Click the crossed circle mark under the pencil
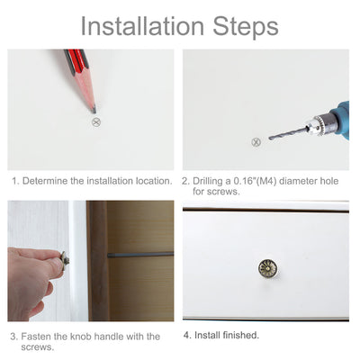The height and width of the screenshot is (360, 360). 94,121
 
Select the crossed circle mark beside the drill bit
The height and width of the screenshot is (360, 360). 256,142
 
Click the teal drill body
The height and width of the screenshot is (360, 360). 339,117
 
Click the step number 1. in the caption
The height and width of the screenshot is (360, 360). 15,181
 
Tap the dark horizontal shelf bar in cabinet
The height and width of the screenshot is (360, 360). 139,255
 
